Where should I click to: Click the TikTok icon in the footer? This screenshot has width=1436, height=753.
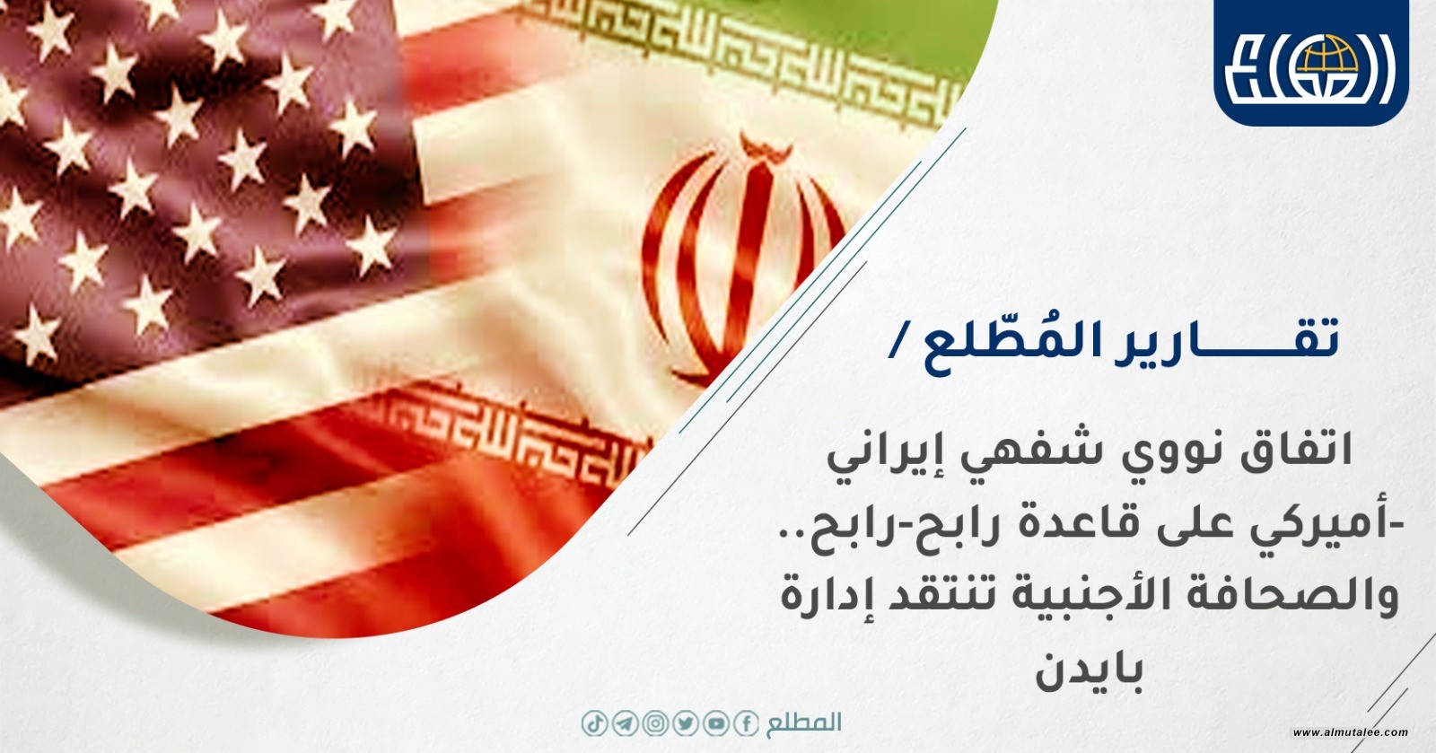click(594, 724)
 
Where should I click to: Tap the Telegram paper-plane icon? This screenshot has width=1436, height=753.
click(625, 724)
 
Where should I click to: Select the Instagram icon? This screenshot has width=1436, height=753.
click(655, 724)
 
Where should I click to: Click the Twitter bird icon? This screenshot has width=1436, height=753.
click(686, 724)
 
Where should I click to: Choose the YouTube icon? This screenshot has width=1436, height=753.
click(715, 724)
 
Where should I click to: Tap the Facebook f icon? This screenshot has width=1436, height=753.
click(746, 724)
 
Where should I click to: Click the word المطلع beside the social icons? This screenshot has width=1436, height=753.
click(803, 723)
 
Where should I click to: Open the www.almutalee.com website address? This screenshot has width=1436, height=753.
click(1350, 732)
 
